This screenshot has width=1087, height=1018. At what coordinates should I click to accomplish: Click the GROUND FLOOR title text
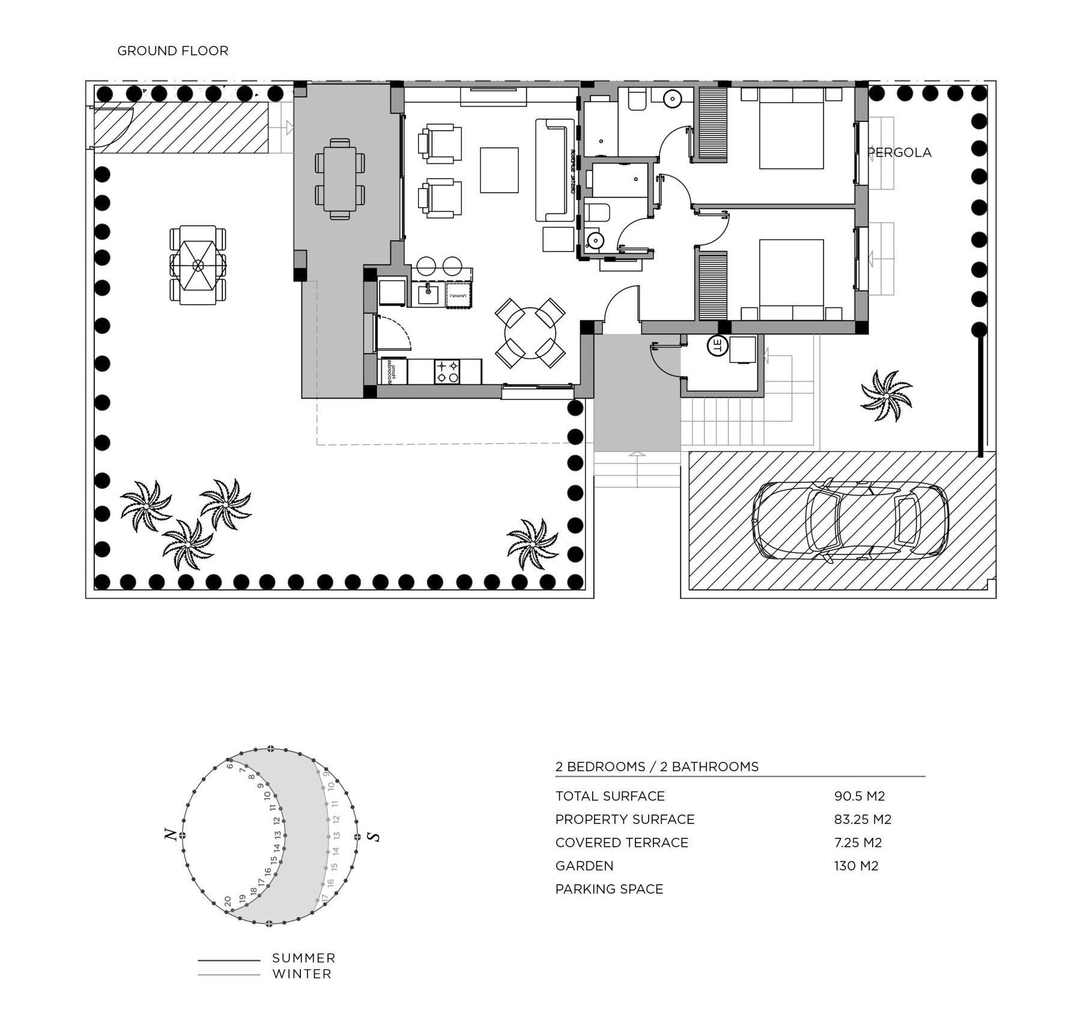[172, 51]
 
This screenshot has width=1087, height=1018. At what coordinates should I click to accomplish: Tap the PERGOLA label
[900, 153]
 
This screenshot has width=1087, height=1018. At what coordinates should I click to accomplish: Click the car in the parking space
[850, 520]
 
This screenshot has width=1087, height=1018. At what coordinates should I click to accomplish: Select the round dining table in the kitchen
[530, 333]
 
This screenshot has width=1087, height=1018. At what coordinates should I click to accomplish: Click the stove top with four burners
[447, 372]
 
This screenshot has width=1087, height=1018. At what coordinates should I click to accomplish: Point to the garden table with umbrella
[198, 265]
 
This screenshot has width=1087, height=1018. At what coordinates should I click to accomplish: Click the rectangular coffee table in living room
[499, 170]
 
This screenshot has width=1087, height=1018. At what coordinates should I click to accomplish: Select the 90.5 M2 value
[859, 796]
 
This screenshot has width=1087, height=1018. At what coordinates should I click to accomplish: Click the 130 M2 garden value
[856, 866]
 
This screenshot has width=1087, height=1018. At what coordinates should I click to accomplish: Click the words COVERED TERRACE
[622, 843]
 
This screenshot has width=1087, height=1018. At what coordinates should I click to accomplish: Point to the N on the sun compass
[171, 835]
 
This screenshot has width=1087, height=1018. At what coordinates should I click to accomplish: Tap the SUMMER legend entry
[303, 958]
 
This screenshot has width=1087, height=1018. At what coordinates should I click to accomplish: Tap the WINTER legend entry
[301, 974]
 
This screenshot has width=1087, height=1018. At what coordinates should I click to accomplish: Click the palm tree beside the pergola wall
[886, 395]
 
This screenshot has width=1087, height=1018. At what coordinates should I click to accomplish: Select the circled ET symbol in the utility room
[717, 345]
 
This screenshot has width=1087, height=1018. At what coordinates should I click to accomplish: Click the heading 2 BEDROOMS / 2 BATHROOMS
[657, 767]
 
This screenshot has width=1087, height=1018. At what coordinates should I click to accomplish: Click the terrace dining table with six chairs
[340, 179]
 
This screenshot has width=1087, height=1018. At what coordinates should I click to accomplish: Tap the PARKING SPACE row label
[609, 889]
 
